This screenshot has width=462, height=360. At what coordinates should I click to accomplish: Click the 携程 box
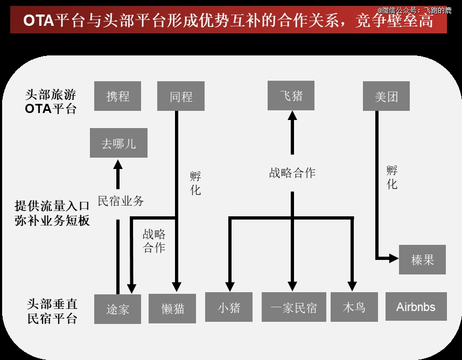117,96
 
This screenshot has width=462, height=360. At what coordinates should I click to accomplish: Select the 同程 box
180,96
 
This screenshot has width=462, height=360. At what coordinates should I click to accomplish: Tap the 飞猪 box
291,96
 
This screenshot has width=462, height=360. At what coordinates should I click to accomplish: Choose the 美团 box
387,96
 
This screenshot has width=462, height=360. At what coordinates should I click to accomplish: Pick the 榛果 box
422,259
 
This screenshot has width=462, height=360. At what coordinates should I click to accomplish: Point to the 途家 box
117,309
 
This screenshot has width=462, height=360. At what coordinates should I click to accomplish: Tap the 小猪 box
229,307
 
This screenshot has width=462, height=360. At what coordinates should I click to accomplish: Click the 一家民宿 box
293,307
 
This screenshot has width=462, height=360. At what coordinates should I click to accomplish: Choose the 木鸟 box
354,307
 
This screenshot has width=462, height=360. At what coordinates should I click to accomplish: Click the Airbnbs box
416,307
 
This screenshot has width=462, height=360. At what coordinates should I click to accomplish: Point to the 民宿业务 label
121,201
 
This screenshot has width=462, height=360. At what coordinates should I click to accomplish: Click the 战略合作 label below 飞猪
292,173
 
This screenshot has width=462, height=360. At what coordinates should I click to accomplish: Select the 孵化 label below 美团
392,178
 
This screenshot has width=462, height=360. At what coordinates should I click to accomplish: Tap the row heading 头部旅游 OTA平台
51,102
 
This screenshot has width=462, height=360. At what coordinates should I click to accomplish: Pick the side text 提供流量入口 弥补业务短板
52,213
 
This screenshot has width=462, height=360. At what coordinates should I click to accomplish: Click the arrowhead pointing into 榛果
393,258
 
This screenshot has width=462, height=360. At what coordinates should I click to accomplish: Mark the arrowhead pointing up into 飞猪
292,115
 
